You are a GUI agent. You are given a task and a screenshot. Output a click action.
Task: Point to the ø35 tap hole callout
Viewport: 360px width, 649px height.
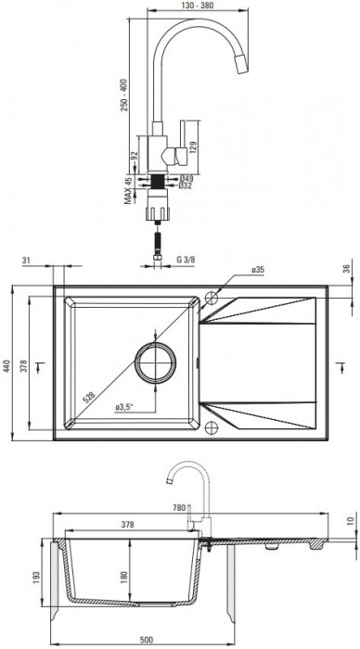click(x=258, y=270)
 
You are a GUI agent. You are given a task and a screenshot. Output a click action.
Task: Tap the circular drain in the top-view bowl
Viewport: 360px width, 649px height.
click(x=154, y=363)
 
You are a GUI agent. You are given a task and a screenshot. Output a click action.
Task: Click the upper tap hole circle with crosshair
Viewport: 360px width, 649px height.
click(x=212, y=299)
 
